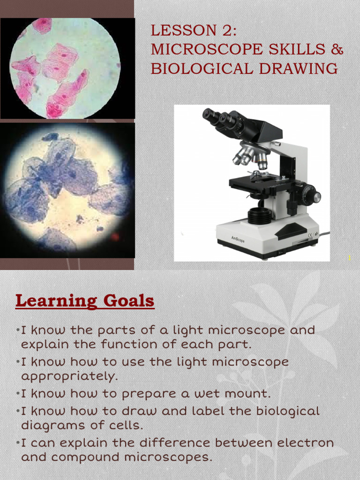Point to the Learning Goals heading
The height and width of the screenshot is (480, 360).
point(85,300)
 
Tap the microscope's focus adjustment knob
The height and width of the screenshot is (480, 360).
point(310,195)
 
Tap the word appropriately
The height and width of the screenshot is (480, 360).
point(68,376)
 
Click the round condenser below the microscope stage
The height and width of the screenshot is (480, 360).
point(260,216)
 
